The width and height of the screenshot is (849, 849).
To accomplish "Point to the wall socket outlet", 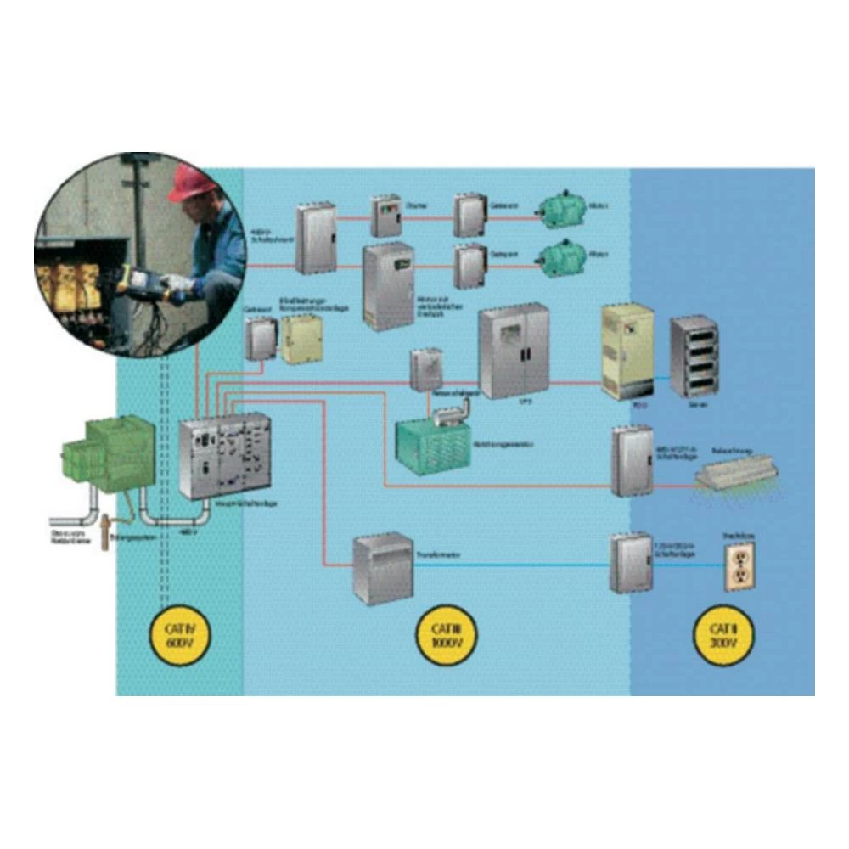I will pos(739,566).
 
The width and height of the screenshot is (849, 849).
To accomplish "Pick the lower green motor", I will pos(561,258).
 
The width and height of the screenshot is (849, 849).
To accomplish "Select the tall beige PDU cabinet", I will pos(627,350).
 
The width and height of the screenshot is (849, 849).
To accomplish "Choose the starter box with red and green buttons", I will pos(385,216).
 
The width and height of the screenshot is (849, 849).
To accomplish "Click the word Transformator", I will pos(438,554).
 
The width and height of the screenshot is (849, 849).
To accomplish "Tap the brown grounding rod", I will pos(105,533).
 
